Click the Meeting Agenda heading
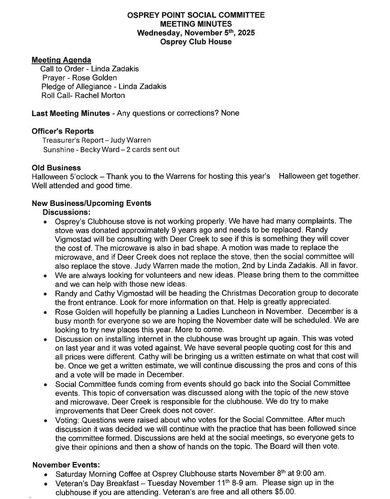pos(61,60)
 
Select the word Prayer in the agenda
pos(54,78)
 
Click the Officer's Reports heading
pos(63,131)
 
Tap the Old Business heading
pos(56,168)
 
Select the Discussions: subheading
pos(66,212)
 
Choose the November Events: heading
pos(66,465)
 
